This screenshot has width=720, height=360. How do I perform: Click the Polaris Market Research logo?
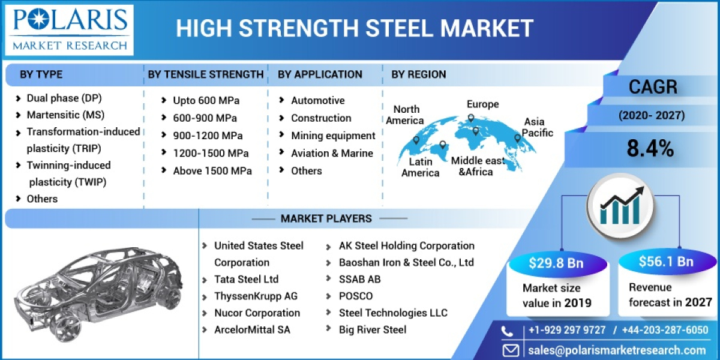pos(70,29)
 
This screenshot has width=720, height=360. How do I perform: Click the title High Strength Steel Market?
pos(355,28)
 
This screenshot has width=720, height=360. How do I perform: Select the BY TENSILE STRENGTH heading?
pos(206,74)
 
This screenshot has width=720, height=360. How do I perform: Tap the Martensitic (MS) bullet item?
pos(65,115)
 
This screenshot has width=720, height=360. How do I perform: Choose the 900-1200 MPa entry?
pos(208,136)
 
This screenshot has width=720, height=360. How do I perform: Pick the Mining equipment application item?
pos(333,136)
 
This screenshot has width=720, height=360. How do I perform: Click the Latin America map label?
pos(420,167)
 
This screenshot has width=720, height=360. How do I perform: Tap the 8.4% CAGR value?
pos(650,149)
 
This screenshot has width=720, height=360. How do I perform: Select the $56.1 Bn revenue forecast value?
pos(665,262)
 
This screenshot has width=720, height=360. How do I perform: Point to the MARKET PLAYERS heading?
pos(326,218)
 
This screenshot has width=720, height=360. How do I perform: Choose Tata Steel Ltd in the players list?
pos(246,279)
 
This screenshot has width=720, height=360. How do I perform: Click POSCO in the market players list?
pos(355,296)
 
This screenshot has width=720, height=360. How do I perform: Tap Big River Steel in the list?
pos(372,329)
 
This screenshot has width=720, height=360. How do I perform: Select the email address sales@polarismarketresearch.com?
pos(617,350)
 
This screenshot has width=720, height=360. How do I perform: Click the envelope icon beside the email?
pos(511,350)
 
